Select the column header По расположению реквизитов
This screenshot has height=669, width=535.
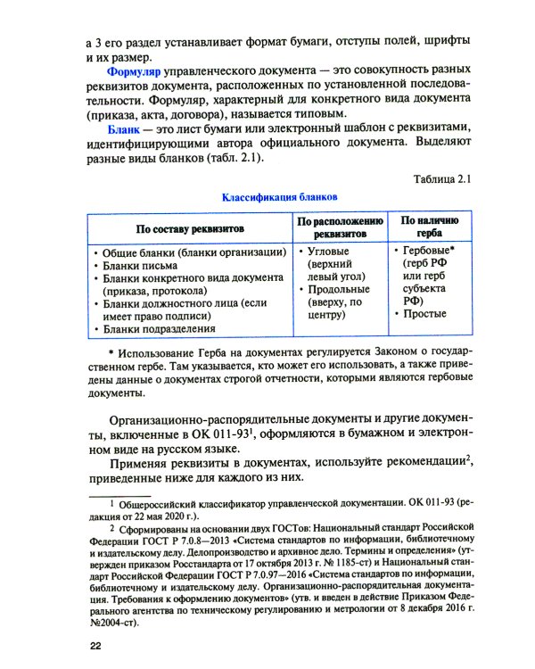pos(340,226)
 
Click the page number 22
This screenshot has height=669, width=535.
pos(88,645)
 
